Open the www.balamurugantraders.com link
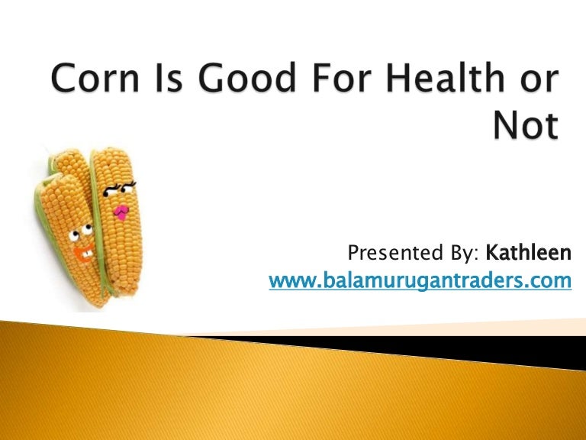point(420,280)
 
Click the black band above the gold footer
point(427,345)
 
